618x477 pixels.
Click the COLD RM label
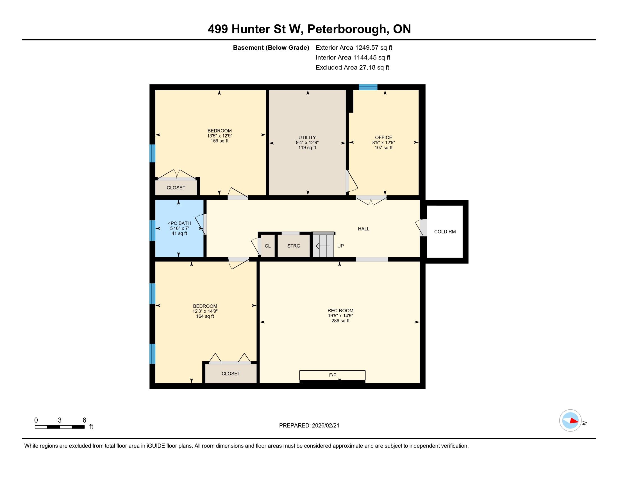click(445, 232)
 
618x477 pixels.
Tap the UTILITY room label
click(307, 137)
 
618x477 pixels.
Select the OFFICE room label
click(383, 137)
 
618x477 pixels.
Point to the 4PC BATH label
click(180, 223)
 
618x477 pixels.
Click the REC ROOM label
click(340, 311)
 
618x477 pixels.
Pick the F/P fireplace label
click(333, 375)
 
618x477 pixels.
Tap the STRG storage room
click(294, 246)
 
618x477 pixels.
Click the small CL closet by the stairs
click(267, 246)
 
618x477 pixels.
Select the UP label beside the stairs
click(340, 246)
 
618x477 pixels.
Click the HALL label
click(363, 229)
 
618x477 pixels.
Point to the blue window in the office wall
click(368, 87)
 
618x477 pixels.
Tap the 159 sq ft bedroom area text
click(220, 141)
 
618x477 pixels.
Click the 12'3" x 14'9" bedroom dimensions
click(205, 311)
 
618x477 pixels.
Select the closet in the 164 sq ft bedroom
click(231, 373)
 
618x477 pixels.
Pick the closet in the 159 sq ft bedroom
click(176, 188)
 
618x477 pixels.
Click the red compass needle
click(574, 421)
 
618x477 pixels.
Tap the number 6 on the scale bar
click(84, 420)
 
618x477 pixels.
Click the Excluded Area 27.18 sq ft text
click(352, 68)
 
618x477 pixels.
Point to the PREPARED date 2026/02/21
click(325, 426)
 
